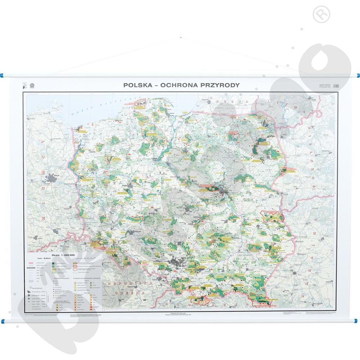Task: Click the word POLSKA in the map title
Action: [137, 86]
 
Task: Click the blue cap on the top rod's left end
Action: [3, 76]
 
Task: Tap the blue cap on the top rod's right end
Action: [357, 76]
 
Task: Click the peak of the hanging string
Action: [180, 37]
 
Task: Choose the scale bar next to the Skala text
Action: [86, 257]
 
